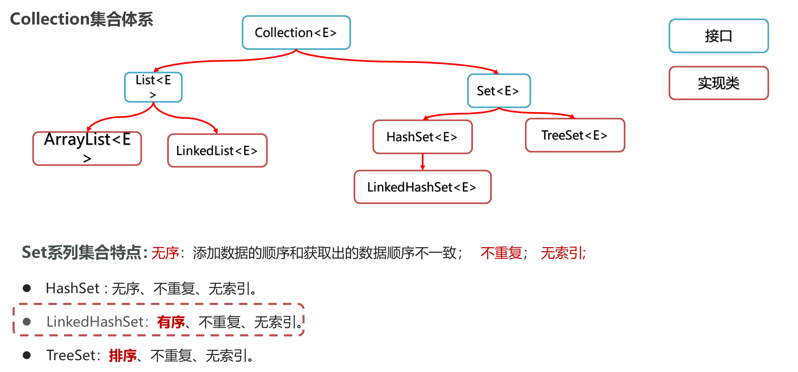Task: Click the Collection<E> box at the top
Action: click(296, 33)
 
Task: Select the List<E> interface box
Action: click(153, 87)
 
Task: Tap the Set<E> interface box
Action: click(498, 91)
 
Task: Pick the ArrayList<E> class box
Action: click(87, 148)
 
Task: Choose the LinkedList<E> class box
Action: click(217, 150)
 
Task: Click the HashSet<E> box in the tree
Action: click(422, 137)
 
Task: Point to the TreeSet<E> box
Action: click(575, 135)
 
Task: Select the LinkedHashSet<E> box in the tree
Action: click(422, 187)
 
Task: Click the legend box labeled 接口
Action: click(718, 36)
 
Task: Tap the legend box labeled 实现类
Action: click(718, 83)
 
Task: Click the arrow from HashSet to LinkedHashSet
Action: click(423, 162)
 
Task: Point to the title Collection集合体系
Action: click(82, 19)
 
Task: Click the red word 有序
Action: click(171, 322)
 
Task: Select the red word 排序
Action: click(123, 356)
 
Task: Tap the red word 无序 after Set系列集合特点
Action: click(165, 253)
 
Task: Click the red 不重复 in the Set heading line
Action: click(501, 253)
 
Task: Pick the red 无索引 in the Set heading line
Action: click(562, 253)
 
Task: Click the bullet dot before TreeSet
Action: click(27, 355)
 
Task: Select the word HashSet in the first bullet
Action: click(72, 288)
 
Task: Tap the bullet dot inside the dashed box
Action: click(27, 322)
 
